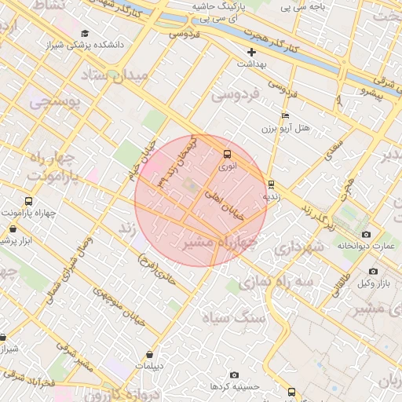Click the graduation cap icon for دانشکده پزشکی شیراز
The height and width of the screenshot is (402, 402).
click(x=84, y=34)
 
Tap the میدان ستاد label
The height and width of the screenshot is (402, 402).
click(x=115, y=77)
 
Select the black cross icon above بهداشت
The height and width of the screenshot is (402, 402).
click(x=251, y=52)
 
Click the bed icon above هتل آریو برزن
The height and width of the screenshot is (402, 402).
click(x=285, y=115)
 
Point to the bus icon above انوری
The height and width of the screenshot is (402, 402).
click(x=227, y=154)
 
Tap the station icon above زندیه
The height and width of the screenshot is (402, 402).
click(x=271, y=185)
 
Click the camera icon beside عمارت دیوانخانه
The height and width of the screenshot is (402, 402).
click(x=366, y=235)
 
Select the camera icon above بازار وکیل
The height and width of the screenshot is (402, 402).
click(x=371, y=271)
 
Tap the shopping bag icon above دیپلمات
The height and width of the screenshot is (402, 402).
click(x=149, y=354)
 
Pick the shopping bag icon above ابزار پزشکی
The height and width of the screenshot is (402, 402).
click(x=13, y=228)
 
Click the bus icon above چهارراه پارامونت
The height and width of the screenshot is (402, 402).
click(x=28, y=202)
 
